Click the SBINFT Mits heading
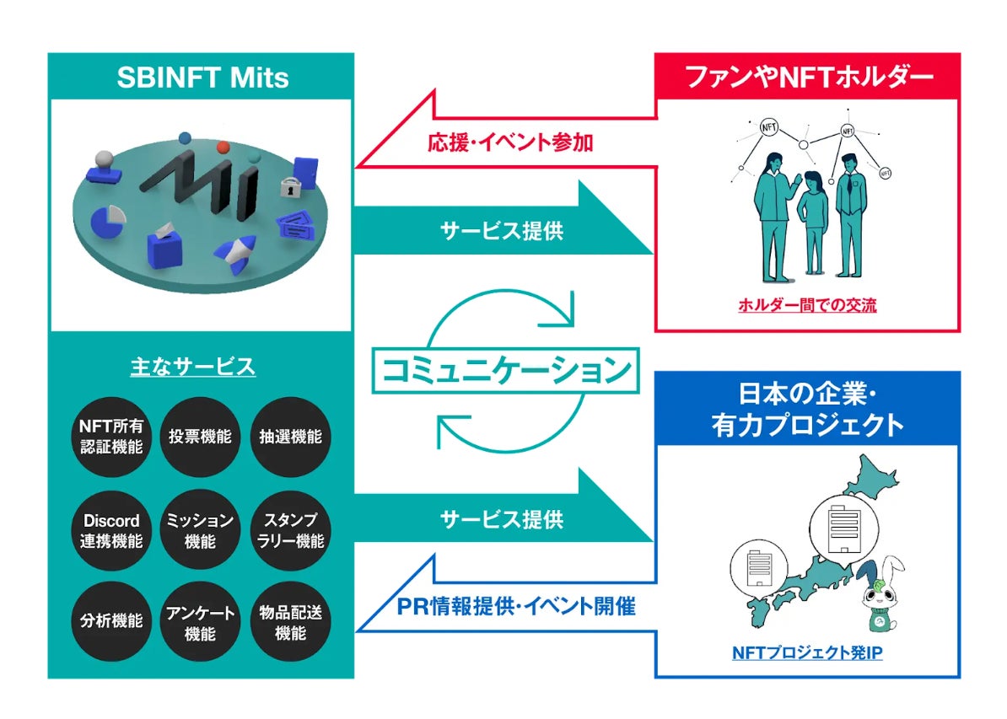click(x=202, y=78)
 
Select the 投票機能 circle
click(x=200, y=437)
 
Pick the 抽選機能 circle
click(x=290, y=437)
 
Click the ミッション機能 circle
click(x=200, y=530)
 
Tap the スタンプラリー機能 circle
click(x=290, y=530)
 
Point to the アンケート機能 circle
click(x=200, y=622)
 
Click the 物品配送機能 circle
click(x=290, y=622)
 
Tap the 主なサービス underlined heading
click(x=193, y=367)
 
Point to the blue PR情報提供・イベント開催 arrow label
click(x=515, y=605)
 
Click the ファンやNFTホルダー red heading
click(x=808, y=78)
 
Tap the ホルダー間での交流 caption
click(x=807, y=305)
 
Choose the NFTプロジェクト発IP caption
click(x=807, y=652)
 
